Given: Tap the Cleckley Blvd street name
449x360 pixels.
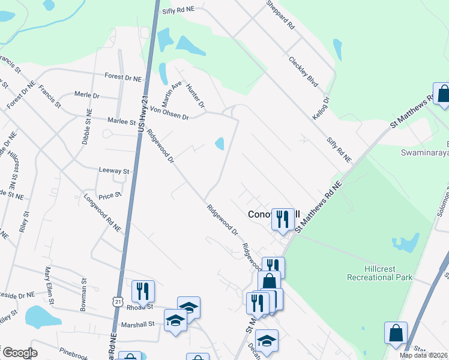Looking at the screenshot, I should [303, 71].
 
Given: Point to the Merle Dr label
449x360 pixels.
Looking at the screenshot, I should [86, 95].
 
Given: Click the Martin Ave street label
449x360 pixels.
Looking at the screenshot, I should [171, 93].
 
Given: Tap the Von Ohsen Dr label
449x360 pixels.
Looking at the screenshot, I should [169, 113].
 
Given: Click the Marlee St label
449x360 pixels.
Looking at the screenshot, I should [122, 121].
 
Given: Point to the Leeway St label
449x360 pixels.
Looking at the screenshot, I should [114, 171].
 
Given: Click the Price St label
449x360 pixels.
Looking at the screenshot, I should [110, 195].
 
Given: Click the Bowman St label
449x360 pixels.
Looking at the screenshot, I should [84, 294].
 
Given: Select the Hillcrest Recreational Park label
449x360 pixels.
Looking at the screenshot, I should [379, 273].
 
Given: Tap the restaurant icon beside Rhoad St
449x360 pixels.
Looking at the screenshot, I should [143, 292].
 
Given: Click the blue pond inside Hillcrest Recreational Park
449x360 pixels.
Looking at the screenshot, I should [406, 242].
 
